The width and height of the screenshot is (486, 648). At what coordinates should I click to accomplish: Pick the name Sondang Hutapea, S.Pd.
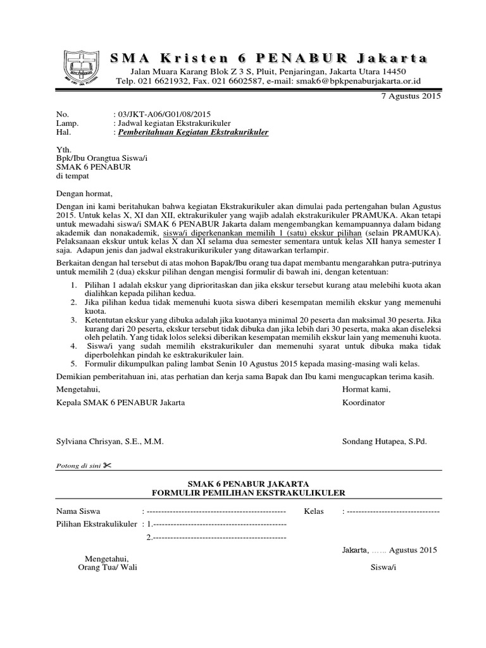click(x=384, y=441)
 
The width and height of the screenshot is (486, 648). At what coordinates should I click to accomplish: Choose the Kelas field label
click(x=315, y=511)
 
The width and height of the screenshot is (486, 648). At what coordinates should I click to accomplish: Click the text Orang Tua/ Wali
click(x=107, y=567)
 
